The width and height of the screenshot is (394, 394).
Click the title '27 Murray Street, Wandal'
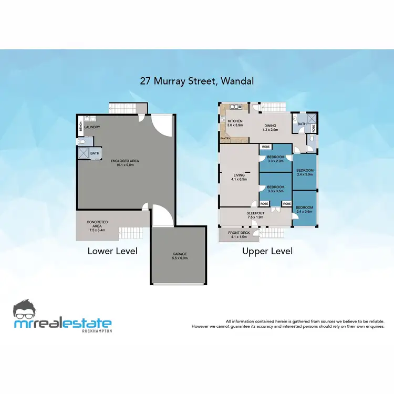(196, 81)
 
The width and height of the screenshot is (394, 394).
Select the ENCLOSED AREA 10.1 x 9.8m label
(125, 162)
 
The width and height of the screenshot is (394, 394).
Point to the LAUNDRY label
(92, 127)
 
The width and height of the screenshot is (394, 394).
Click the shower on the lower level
(83, 153)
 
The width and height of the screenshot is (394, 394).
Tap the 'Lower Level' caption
(112, 251)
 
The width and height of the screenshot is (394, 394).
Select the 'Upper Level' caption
(267, 251)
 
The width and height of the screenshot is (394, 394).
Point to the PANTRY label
(225, 139)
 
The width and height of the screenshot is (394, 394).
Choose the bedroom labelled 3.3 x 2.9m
(276, 159)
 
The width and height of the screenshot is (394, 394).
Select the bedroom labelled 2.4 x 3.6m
(305, 210)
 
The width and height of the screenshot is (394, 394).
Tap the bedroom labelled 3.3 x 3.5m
(276, 189)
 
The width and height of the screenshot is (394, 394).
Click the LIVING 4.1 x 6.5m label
(239, 178)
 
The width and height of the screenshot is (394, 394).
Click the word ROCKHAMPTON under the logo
(97, 331)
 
